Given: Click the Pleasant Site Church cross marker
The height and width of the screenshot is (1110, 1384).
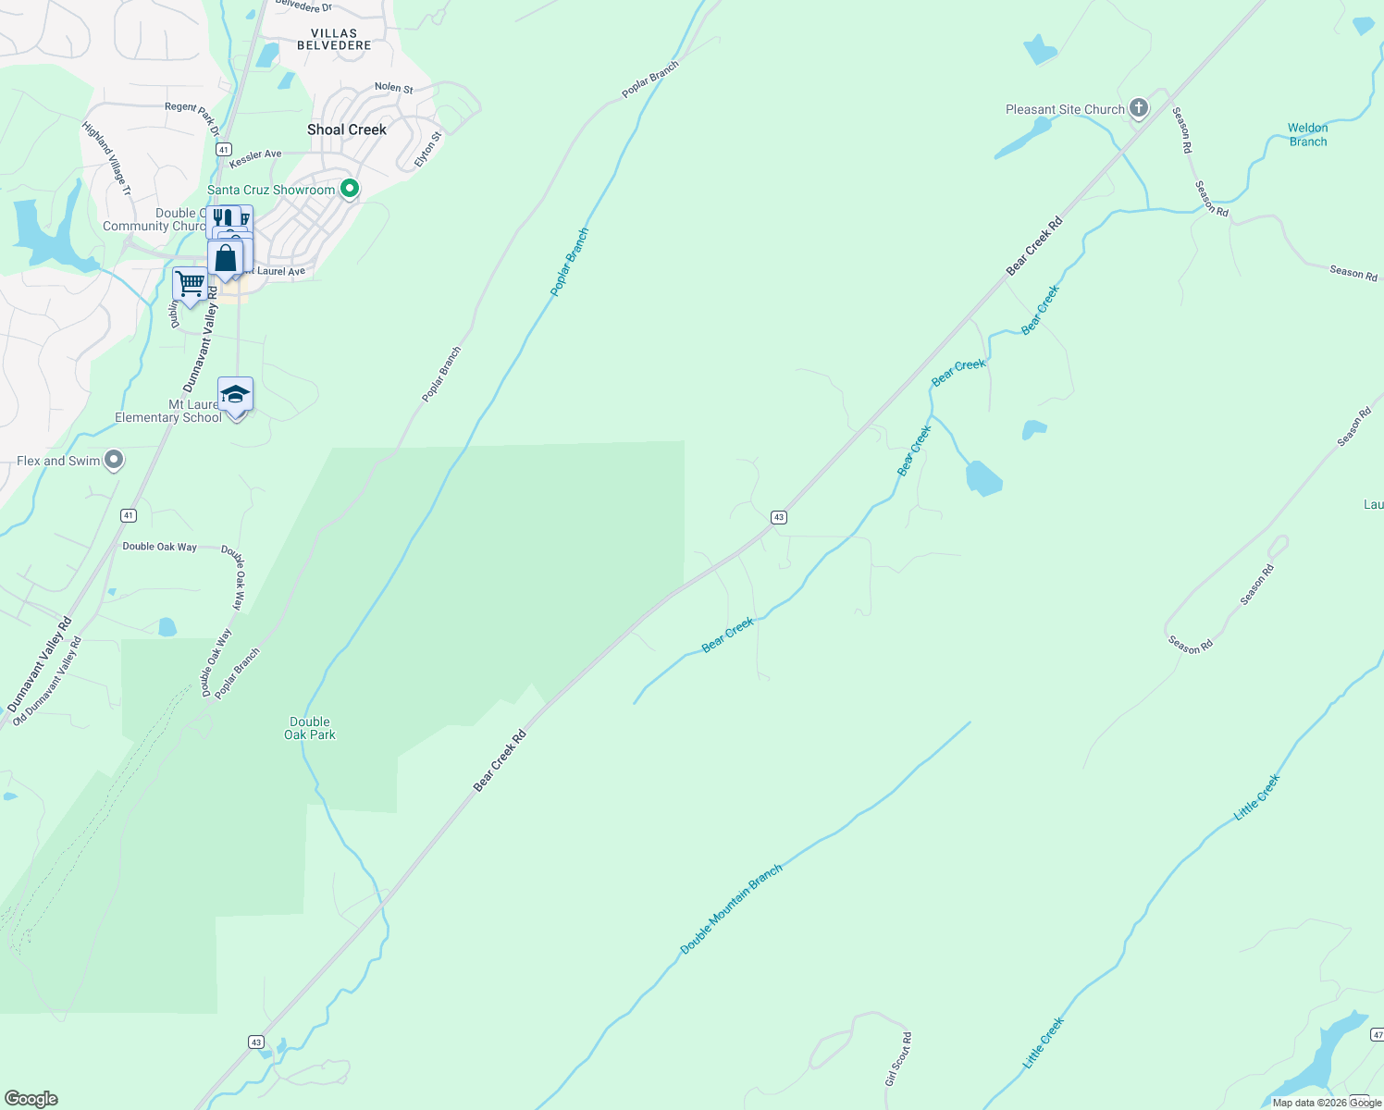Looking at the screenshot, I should (x=1139, y=108).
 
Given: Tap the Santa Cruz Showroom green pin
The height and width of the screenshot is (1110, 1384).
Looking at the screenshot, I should (x=350, y=190).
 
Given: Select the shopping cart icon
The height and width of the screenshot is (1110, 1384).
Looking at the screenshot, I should (x=190, y=283).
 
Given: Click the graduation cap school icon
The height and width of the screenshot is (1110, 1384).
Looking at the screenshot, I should (x=235, y=395).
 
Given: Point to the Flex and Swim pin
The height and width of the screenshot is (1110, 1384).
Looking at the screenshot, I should (x=114, y=460).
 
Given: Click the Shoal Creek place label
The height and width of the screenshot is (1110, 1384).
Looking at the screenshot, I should (x=347, y=129).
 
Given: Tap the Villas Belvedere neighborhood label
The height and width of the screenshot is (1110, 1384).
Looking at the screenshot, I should (x=334, y=39).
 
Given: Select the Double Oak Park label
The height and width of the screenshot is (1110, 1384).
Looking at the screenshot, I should (x=310, y=728).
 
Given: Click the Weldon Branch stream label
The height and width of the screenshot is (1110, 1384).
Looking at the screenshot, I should (x=1307, y=135).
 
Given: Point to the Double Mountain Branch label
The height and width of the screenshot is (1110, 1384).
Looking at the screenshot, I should (x=731, y=909).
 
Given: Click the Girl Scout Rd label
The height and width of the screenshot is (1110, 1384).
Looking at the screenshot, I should (x=898, y=1059).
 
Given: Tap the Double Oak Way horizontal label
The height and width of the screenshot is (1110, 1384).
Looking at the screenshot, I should (x=159, y=547).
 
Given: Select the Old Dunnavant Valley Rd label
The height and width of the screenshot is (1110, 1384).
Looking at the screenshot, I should (x=47, y=680).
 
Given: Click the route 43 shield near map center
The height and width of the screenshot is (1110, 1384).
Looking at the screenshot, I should (x=779, y=517).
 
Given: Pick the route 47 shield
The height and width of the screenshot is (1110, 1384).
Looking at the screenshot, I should (x=1377, y=1034).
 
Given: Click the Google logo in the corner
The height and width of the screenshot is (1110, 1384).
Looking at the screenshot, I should (x=31, y=1099).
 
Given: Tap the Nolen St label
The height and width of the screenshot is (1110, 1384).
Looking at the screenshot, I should (x=393, y=88).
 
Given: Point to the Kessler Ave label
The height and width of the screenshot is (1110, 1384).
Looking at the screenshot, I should (x=255, y=154).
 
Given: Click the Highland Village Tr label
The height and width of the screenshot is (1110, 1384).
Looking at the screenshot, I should (x=107, y=158).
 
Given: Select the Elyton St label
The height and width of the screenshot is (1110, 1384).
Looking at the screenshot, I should (x=428, y=149).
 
